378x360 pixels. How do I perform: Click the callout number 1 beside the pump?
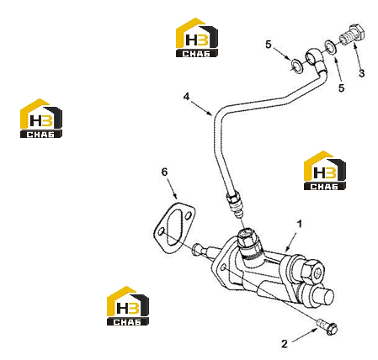coord(300,225)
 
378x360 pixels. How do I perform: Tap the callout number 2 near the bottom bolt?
coord(285,344)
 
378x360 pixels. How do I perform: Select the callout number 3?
coord(362,73)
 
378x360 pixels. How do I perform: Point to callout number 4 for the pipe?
coord(187,97)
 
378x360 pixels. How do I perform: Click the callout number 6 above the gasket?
coord(164,172)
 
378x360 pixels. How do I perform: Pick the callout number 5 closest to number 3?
coord(341,88)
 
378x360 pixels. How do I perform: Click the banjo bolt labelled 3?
coord(352,34)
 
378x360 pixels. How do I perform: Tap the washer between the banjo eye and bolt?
coord(330,47)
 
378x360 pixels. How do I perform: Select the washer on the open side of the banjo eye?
coord(296,66)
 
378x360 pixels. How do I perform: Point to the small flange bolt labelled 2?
coord(327,327)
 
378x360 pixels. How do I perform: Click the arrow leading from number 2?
coord(305,336)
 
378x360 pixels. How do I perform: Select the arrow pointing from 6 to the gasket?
coord(172,188)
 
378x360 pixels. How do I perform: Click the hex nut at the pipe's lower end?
coord(233,197)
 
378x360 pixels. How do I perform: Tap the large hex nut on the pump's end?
coord(313,270)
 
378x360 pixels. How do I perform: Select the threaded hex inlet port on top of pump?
coord(248,238)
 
